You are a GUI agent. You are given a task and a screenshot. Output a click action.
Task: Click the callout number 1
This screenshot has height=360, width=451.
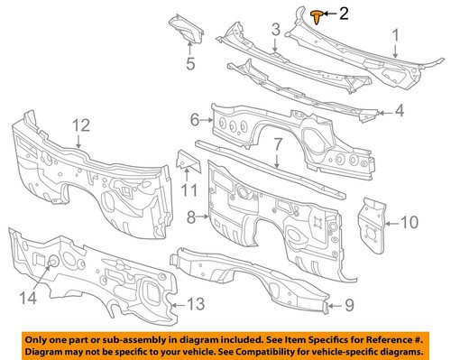393,36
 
